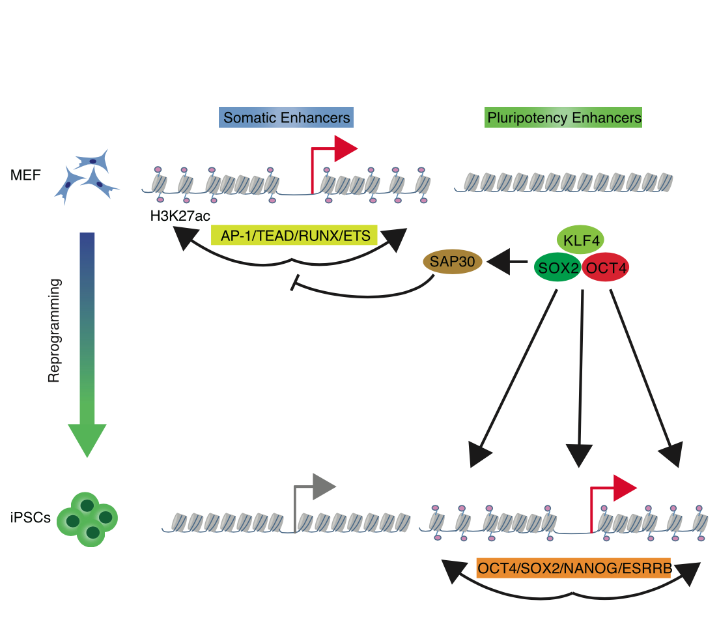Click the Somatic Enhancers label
pos(287,119)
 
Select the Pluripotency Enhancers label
pos(564,119)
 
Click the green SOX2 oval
pos(557,268)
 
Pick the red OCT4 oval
pos(606,268)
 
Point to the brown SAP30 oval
pos(453,262)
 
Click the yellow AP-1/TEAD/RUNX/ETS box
pos(294,236)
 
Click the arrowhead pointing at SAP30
pos(498,262)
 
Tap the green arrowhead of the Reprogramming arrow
pos(87,440)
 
